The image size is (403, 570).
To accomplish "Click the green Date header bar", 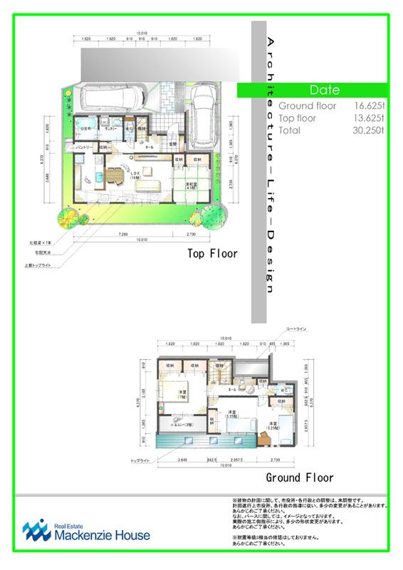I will pyautogui.click(x=325, y=90).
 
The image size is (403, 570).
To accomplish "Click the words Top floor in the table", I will pyautogui.click(x=298, y=118).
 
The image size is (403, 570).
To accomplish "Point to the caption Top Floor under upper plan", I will pyautogui.click(x=212, y=253).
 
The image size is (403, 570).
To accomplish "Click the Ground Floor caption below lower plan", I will pyautogui.click(x=299, y=477).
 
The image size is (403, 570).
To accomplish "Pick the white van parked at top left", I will pyautogui.click(x=113, y=99).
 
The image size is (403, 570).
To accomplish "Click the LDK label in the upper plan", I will pyautogui.click(x=133, y=172).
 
